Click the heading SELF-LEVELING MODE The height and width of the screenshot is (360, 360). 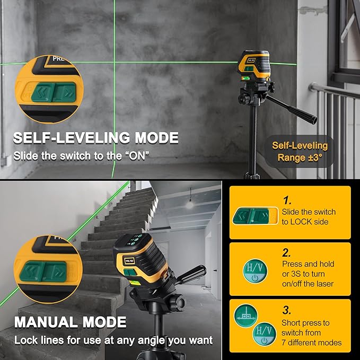click(95, 138)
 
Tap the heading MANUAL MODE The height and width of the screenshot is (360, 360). click(70, 322)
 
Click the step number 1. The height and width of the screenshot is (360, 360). click(287, 200)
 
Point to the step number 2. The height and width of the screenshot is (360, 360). click(287, 252)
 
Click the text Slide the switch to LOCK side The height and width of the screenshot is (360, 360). click(309, 216)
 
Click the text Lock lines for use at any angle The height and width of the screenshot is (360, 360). click(113, 340)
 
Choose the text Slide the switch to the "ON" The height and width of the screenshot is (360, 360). click(81, 156)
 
